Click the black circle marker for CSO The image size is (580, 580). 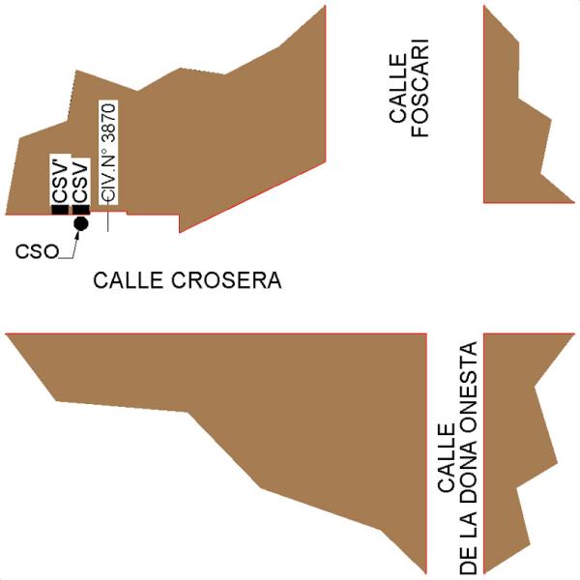(x=81, y=223)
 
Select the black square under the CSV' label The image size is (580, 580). (x=60, y=210)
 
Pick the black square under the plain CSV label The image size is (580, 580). (x=81, y=210)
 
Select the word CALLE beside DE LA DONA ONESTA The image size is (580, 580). (x=447, y=459)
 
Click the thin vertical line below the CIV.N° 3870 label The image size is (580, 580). (x=108, y=221)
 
